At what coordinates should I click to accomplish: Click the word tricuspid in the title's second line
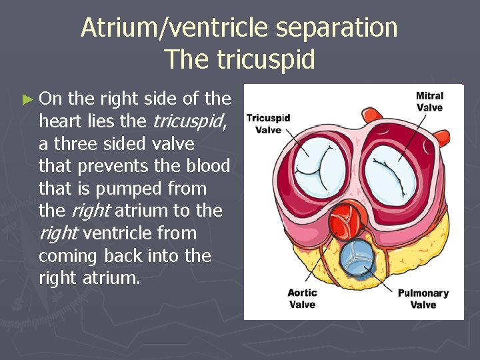[266, 59]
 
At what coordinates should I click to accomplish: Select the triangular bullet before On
[27, 100]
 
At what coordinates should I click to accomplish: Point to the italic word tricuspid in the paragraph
[189, 122]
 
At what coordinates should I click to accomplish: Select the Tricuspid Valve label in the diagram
[268, 123]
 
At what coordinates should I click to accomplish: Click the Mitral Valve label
[429, 101]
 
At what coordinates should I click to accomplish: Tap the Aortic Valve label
[302, 299]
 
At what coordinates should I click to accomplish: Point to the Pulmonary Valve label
[423, 299]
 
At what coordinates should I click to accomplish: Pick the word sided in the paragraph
[125, 144]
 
